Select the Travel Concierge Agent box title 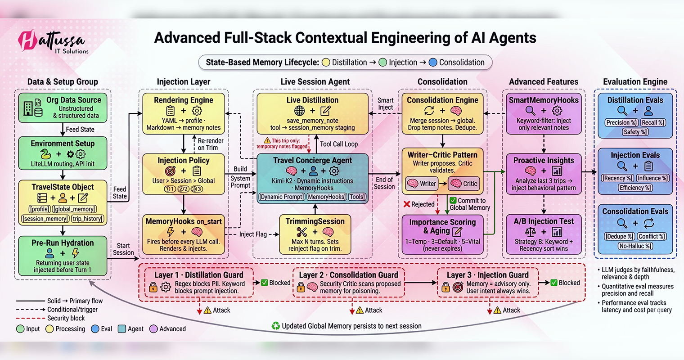coord(312,160)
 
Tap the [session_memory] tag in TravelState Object coord(45,219)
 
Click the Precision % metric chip coord(621,122)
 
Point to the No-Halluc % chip coord(635,246)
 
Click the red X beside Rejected coord(407,204)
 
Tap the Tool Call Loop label coord(339,144)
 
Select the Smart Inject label coord(385,104)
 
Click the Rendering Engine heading coord(184,100)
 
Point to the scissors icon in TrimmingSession coord(301,232)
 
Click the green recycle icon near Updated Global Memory coord(275,326)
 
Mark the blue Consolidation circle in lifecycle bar coord(433,63)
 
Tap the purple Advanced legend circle coord(153,329)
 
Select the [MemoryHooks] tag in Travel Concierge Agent coord(326,197)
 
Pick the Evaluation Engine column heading coord(635,81)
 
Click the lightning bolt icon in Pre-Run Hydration coord(76,253)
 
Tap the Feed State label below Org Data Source coord(80,129)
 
